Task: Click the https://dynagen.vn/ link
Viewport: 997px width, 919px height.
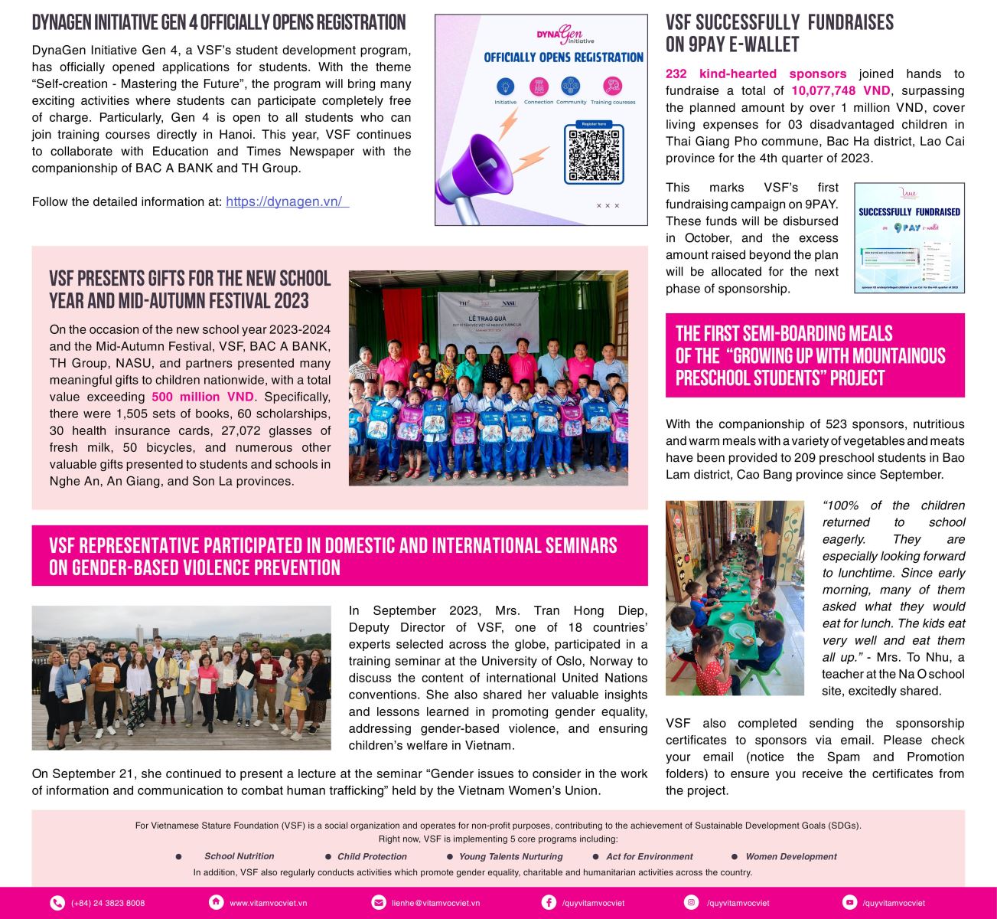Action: tap(285, 202)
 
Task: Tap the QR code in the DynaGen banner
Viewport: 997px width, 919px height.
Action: tap(594, 155)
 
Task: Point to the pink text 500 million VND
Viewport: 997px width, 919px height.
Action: tap(202, 397)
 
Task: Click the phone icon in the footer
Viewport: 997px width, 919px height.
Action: tap(57, 903)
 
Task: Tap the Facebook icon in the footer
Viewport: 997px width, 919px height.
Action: tap(549, 903)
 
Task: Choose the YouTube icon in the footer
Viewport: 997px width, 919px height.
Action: tap(849, 903)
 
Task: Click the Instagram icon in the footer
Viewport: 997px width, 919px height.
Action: tap(692, 903)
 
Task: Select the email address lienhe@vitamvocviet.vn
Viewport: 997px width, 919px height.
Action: tap(435, 903)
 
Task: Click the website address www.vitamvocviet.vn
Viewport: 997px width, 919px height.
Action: tap(268, 903)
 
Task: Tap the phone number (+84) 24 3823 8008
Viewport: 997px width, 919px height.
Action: tap(108, 903)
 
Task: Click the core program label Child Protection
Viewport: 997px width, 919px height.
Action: tap(372, 857)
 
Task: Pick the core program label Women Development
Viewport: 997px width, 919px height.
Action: tap(791, 857)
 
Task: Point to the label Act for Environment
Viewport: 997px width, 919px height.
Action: tap(649, 857)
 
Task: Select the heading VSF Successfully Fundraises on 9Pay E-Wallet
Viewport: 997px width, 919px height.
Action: tap(779, 34)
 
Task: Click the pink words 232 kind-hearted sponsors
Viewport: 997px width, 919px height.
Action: tap(756, 74)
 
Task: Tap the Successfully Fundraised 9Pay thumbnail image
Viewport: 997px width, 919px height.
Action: tap(909, 237)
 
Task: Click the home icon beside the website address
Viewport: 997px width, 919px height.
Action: tap(217, 903)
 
